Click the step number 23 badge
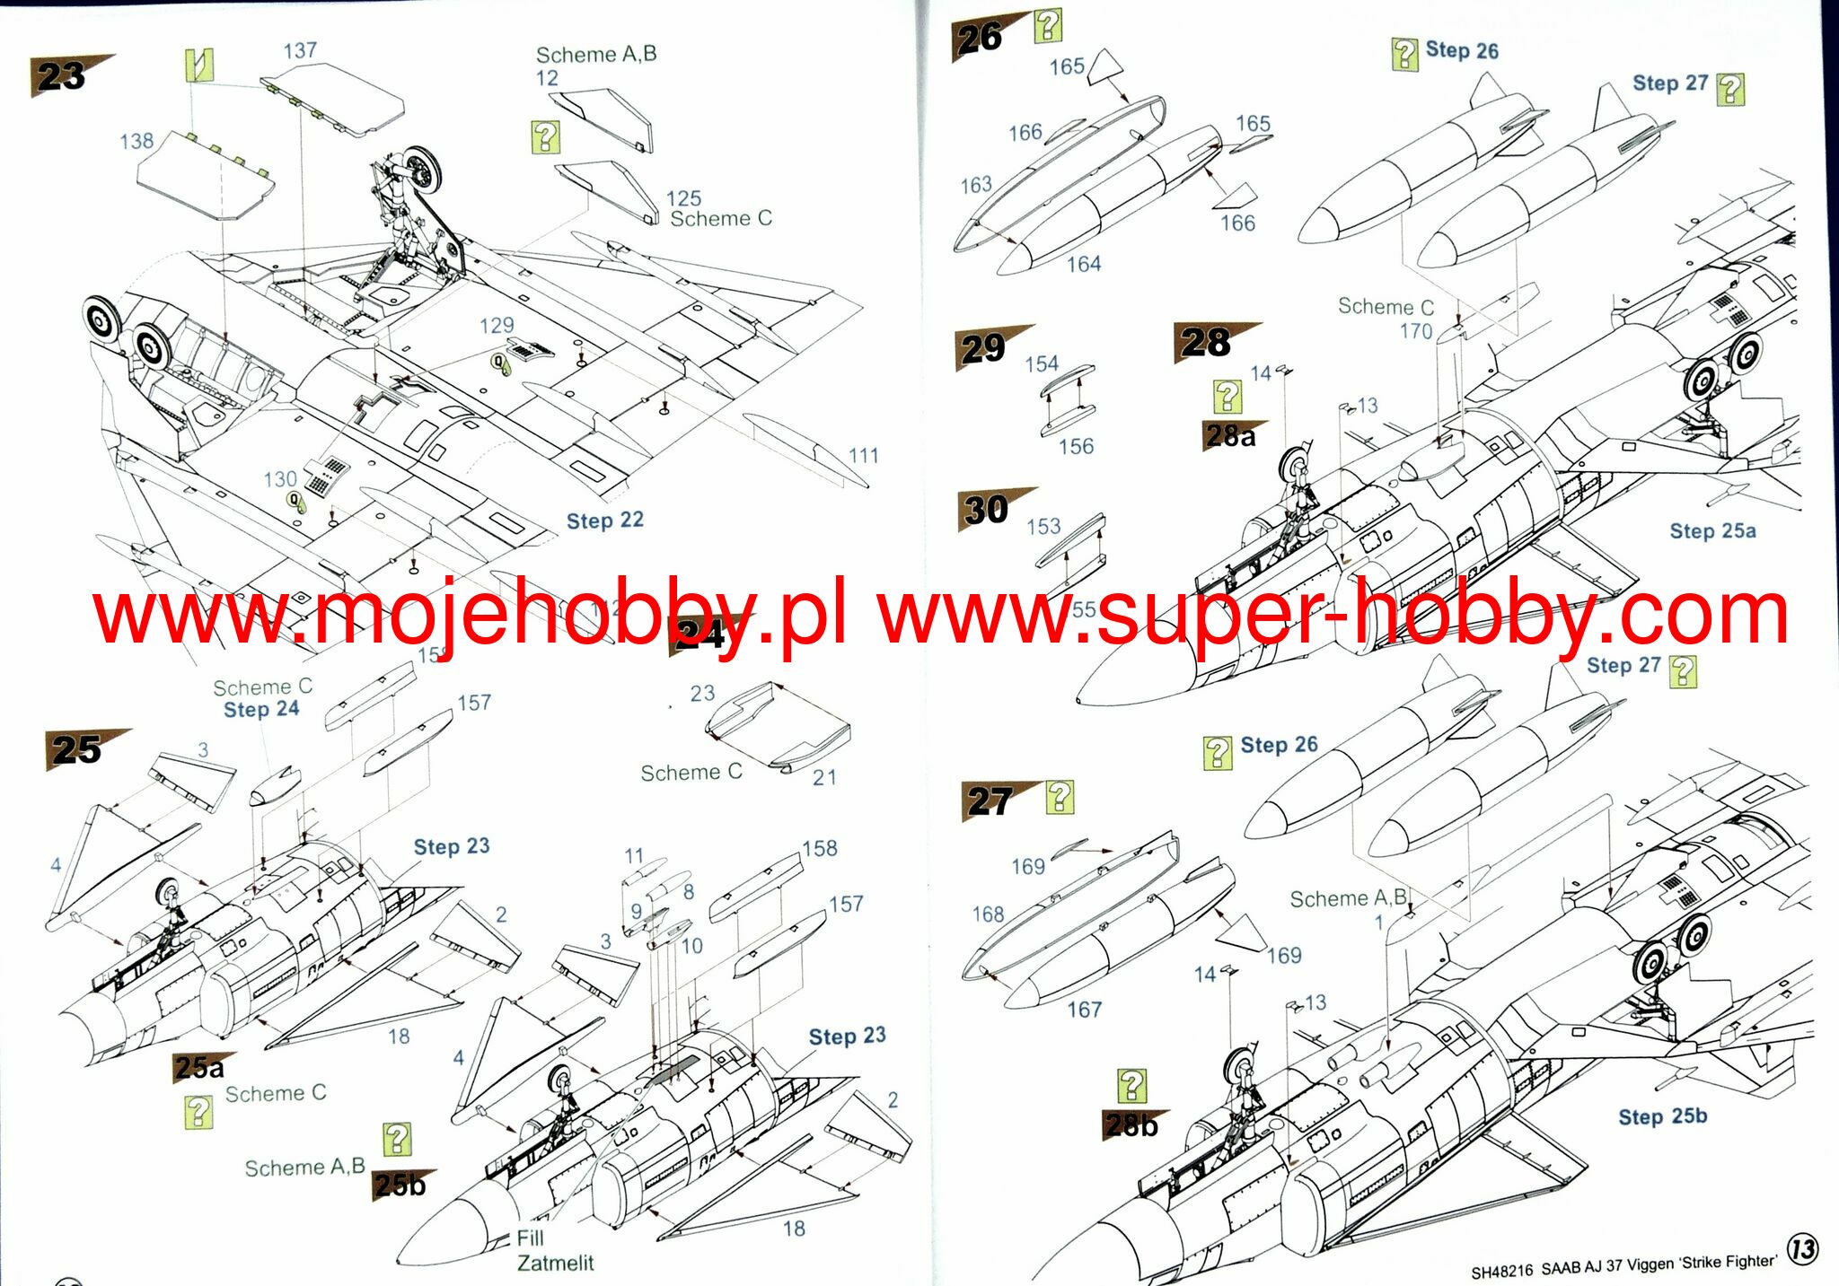click(61, 76)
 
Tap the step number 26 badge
click(980, 39)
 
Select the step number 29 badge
click(982, 348)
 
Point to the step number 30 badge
click(986, 510)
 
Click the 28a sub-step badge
click(1230, 436)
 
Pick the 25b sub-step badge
click(400, 1185)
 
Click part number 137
click(300, 50)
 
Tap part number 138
click(136, 141)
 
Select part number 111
click(863, 456)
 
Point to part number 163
click(976, 185)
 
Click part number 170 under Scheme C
click(1415, 331)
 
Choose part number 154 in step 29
click(1042, 363)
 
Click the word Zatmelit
click(555, 1264)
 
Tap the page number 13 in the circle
click(1803, 1249)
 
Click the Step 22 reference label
click(604, 521)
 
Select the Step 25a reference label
click(1712, 531)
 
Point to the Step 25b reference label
click(1662, 1116)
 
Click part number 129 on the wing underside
click(497, 325)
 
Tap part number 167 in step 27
click(1084, 1010)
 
